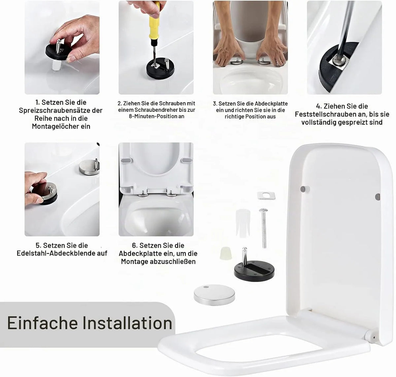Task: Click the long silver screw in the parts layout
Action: [263, 228]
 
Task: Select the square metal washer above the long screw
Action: [266, 196]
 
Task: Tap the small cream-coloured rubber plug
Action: [226, 253]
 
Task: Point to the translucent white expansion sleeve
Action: [243, 223]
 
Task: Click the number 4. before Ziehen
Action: [319, 106]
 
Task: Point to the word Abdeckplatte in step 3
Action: [271, 104]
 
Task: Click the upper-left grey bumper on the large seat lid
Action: [304, 189]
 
